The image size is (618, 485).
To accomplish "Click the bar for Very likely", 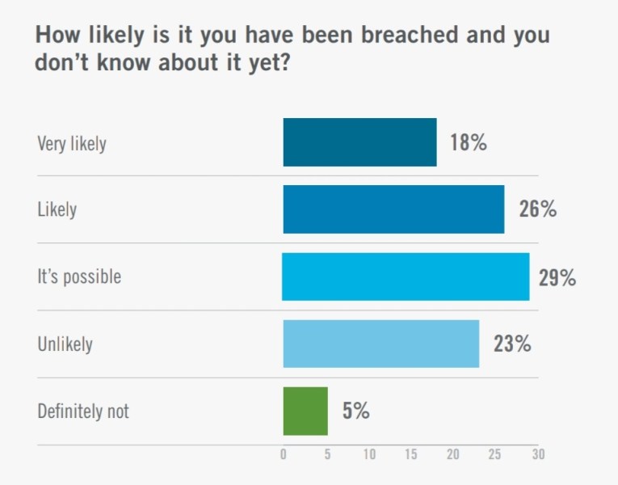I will [359, 142].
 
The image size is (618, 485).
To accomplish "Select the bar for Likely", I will [393, 209].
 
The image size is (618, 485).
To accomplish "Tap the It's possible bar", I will [406, 276].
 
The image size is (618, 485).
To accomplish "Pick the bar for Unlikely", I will [380, 344].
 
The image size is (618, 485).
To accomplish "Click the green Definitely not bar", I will [305, 411].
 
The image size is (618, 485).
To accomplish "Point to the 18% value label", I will [469, 143].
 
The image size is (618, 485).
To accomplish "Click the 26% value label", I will [537, 210].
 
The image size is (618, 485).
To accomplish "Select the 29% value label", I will [557, 278].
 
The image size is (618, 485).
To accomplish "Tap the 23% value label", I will [512, 344].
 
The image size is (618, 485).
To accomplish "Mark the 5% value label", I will [355, 411].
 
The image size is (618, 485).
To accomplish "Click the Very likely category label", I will [72, 145].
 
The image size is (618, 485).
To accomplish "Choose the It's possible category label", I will [79, 277].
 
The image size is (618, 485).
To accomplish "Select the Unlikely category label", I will [65, 344].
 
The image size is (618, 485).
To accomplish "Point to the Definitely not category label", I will [83, 411].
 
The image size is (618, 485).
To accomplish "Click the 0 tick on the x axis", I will [283, 455].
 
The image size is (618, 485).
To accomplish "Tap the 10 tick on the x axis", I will [368, 455].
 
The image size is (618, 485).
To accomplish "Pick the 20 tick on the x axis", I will [453, 455].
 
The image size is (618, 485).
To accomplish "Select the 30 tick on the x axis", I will [538, 455].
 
